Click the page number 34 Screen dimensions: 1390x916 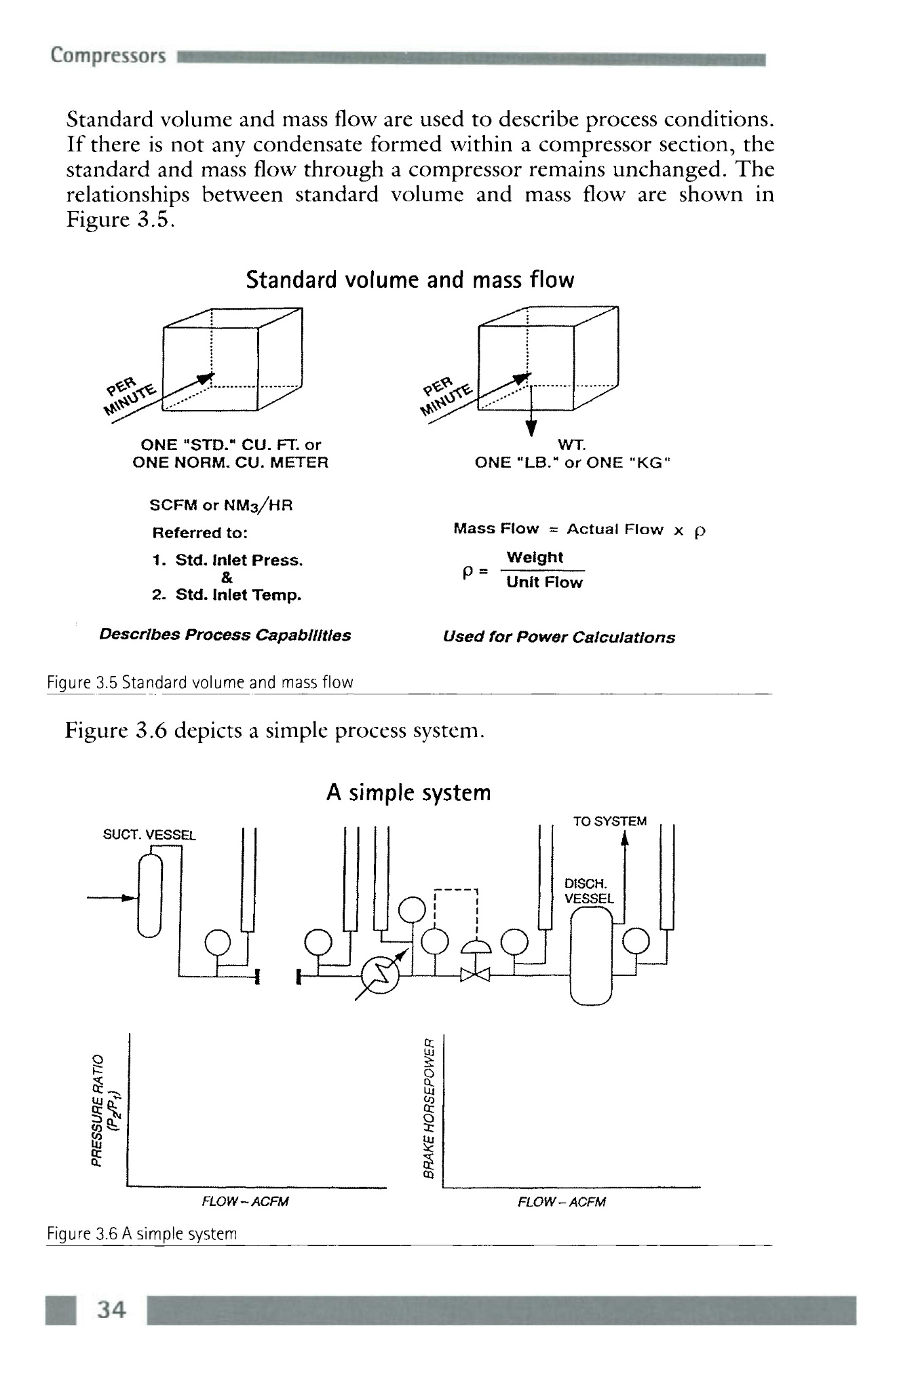111,1309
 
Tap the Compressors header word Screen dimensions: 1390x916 108,56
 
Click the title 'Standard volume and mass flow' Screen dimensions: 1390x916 410,280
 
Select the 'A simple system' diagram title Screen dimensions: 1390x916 408,792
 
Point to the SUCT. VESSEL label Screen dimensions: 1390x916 149,835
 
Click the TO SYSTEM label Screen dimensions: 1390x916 609,821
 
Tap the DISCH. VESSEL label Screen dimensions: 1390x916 588,891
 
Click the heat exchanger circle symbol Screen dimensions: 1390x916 381,976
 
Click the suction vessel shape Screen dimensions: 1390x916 150,896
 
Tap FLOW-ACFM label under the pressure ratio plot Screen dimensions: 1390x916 245,1202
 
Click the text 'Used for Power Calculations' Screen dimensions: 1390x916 558,637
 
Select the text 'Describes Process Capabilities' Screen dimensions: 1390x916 225,635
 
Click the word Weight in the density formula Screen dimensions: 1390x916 535,557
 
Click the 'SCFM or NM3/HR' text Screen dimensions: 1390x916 221,505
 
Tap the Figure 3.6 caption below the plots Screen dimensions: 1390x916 142,1233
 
